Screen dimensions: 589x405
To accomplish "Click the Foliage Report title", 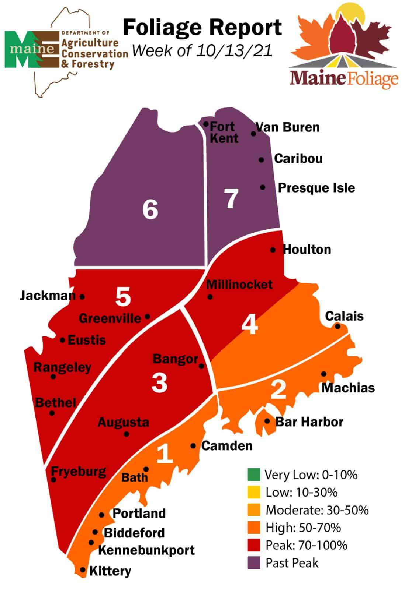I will (202, 28).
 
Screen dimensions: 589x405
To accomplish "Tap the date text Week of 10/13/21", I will (202, 50).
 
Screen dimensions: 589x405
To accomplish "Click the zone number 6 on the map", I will (150, 209).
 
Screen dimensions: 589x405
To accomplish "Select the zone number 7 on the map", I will (231, 199).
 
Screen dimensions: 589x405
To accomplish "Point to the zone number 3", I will (159, 382).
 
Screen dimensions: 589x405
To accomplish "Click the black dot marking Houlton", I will (273, 250).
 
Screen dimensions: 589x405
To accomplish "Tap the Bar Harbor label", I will (309, 422).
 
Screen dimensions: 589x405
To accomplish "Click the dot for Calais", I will (337, 326).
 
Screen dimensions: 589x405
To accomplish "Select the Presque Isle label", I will (316, 188).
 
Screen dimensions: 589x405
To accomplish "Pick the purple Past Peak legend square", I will (254, 563).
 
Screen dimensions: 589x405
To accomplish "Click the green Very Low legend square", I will (254, 475).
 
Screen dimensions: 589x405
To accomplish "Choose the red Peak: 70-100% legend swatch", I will (254, 545).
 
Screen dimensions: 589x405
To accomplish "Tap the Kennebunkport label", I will (146, 550).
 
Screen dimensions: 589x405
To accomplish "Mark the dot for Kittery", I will (82, 570).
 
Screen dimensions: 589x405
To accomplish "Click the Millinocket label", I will (239, 284).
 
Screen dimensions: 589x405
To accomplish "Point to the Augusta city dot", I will (127, 434).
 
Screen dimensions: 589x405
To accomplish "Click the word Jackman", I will (47, 296).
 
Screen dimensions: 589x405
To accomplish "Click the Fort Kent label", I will (224, 133).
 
